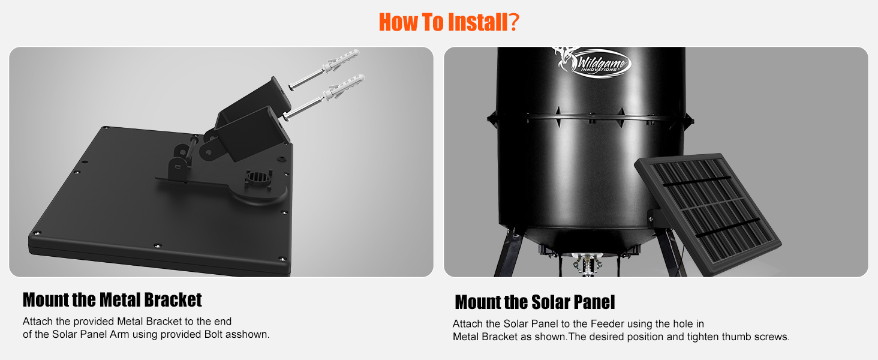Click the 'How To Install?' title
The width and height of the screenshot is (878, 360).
tap(449, 22)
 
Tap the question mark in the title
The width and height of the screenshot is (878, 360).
tap(513, 22)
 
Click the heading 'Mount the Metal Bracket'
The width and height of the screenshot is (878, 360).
tap(112, 299)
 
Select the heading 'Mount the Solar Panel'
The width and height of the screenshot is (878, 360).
tap(535, 302)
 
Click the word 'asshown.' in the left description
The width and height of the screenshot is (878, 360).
tap(246, 334)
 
